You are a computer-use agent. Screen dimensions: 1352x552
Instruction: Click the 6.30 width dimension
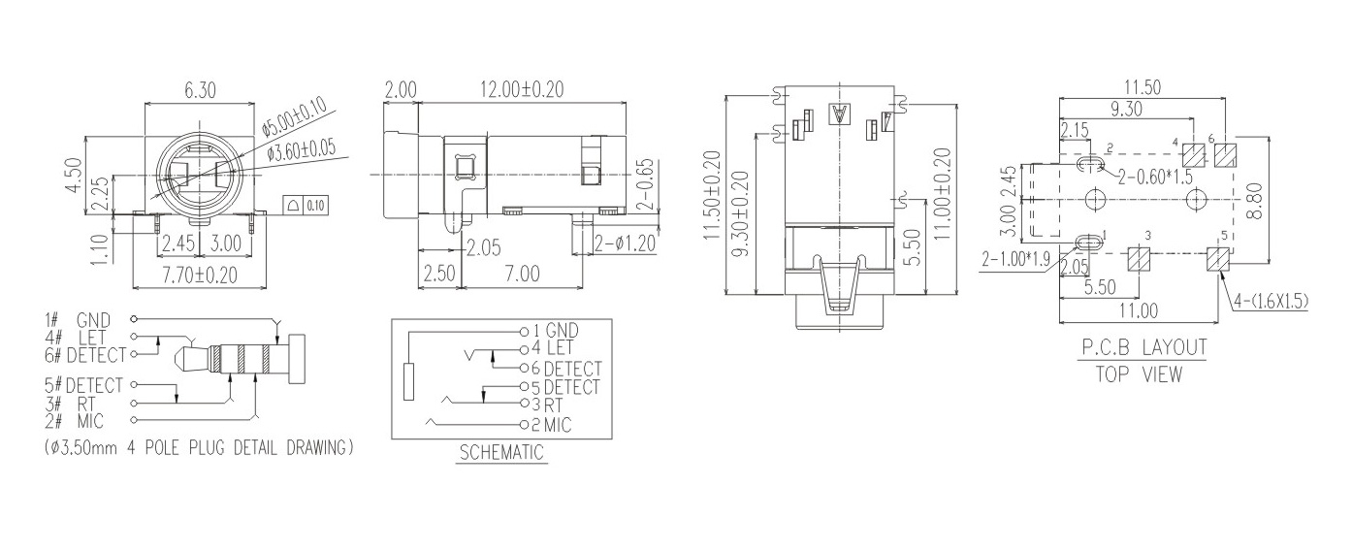[199, 90]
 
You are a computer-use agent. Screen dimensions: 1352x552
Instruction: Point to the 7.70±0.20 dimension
[200, 276]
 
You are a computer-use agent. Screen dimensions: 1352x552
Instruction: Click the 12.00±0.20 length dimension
[522, 89]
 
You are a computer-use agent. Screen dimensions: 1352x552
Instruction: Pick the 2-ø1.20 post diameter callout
[625, 244]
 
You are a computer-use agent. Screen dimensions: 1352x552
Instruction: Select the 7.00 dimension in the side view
[522, 274]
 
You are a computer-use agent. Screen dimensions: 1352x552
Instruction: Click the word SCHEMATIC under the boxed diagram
[501, 452]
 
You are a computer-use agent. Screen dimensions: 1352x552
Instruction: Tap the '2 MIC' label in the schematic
[551, 425]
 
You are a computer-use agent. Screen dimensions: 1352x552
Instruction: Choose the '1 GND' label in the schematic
[556, 331]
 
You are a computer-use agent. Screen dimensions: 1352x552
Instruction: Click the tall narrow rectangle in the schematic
[408, 381]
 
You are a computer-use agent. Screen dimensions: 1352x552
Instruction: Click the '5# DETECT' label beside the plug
[84, 385]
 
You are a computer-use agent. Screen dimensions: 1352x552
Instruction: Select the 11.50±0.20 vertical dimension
[713, 195]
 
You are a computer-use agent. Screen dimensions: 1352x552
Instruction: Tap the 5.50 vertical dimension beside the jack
[916, 247]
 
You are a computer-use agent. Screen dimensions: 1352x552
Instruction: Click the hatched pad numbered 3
[1139, 259]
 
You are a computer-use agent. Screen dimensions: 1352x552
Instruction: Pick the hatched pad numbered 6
[1225, 155]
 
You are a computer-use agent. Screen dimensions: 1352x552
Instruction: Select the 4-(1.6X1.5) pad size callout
[1272, 302]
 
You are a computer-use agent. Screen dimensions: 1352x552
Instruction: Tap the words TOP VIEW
[1139, 374]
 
